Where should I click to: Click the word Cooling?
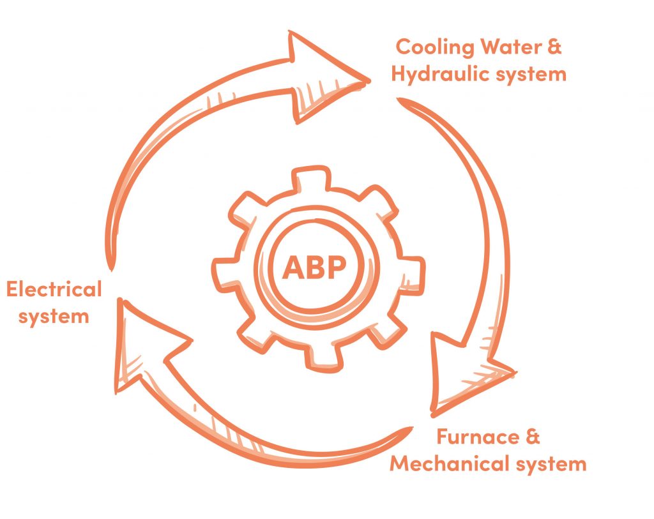[x=434, y=47]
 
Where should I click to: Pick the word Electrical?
[x=54, y=289]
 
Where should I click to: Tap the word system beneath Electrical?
[x=54, y=317]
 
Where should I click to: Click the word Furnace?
[x=472, y=437]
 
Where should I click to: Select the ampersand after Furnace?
[x=533, y=437]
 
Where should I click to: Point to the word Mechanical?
[x=450, y=463]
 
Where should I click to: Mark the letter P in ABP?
[x=337, y=267]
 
